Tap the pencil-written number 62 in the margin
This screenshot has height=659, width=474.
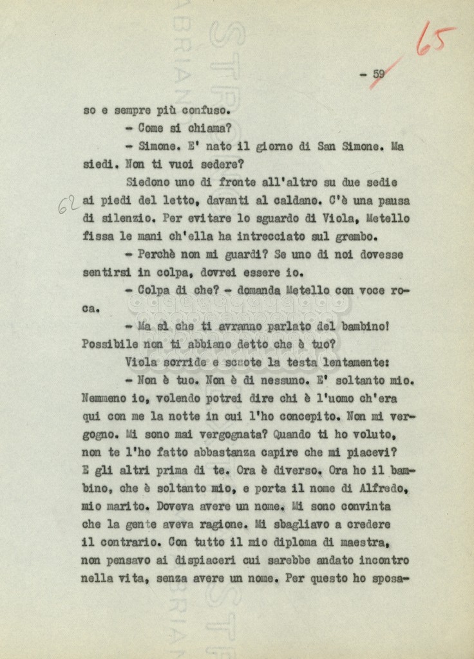tap(68, 205)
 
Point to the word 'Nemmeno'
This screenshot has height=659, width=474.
tap(105, 398)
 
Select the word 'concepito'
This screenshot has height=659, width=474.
tap(310, 416)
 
